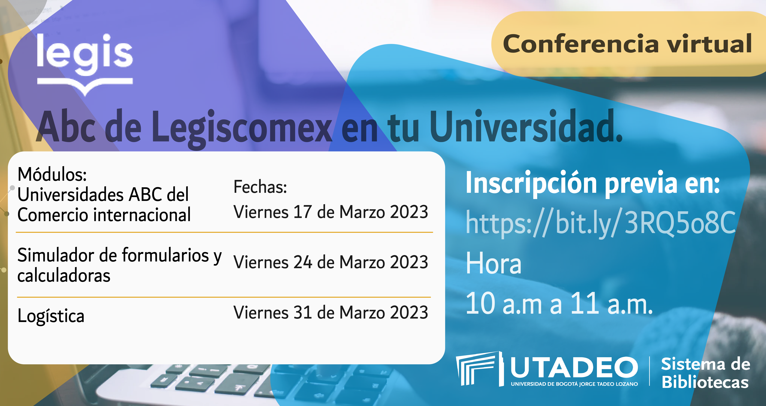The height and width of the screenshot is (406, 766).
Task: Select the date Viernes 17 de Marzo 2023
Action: point(331,212)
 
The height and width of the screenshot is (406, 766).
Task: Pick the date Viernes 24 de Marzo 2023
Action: point(331,262)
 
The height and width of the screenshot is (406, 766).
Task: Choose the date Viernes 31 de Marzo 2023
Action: point(331,312)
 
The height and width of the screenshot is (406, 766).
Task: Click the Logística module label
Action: point(51,316)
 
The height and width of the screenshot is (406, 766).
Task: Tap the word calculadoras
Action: point(64,275)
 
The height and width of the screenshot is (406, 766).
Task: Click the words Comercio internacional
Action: point(104,215)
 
